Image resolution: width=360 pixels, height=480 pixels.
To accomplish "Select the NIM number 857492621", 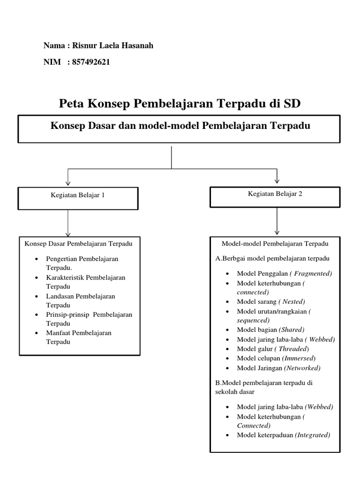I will pyautogui.click(x=91, y=62).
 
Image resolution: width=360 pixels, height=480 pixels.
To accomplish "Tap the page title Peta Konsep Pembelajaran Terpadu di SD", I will pyautogui.click(x=180, y=104).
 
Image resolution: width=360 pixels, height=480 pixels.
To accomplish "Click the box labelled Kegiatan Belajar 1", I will pyautogui.click(x=78, y=198).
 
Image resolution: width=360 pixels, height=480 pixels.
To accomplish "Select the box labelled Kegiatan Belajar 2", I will pyautogui.click(x=275, y=197).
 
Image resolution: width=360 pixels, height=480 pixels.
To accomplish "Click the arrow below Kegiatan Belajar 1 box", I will pyautogui.click(x=68, y=223).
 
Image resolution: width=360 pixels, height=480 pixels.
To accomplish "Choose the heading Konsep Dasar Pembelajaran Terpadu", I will pyautogui.click(x=78, y=244).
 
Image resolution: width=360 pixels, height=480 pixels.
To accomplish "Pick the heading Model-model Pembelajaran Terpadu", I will pyautogui.click(x=275, y=244).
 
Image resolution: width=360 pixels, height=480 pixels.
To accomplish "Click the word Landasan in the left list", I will pyautogui.click(x=59, y=296).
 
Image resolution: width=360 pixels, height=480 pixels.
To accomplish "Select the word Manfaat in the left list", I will pyautogui.click(x=58, y=333).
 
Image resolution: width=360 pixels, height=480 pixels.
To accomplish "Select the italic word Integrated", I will pyautogui.click(x=312, y=435).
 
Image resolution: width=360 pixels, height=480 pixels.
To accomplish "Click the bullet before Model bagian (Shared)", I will pyautogui.click(x=227, y=330).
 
